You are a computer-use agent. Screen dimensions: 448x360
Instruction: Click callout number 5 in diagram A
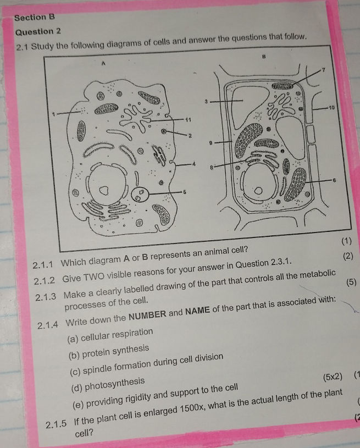tap(185, 191)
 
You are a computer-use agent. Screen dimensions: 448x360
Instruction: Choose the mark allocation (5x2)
tap(333, 377)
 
